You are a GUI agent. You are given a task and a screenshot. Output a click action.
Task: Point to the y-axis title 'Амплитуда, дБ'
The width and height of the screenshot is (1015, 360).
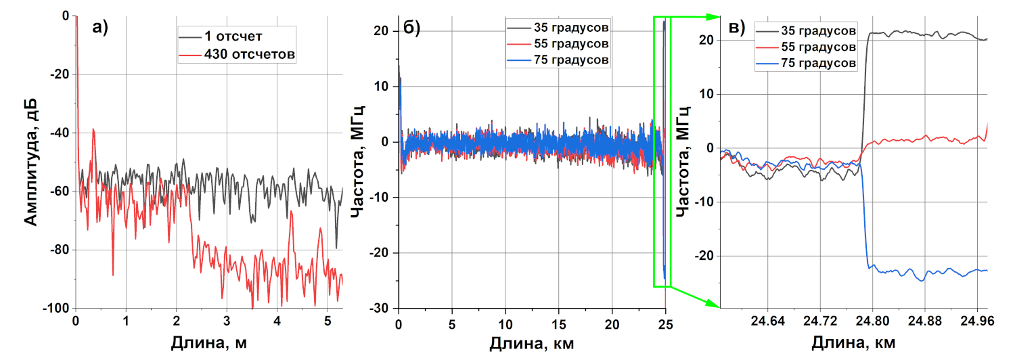click(x=30, y=161)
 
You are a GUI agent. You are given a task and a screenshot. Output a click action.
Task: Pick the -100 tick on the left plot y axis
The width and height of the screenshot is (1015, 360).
click(x=56, y=309)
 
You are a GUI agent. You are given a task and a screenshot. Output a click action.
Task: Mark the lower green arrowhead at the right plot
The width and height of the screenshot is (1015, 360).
click(x=713, y=304)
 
